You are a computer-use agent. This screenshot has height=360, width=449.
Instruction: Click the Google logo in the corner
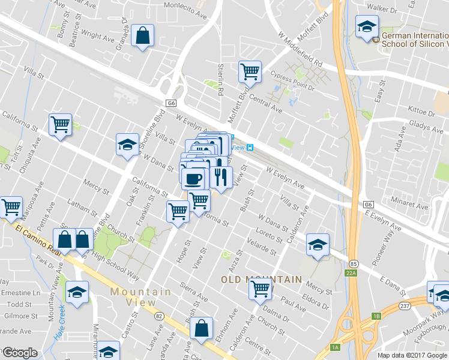tap(20, 353)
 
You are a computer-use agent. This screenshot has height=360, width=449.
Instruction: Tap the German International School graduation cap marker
tap(366, 27)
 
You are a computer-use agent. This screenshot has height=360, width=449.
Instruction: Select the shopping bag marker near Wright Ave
tap(143, 35)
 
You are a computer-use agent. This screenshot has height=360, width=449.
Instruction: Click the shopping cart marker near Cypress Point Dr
tap(250, 72)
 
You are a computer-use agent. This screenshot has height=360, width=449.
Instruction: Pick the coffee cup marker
tap(193, 178)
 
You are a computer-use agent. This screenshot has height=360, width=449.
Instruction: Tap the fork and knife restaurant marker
tap(220, 178)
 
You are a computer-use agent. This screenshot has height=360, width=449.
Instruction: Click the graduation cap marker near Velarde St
tap(317, 244)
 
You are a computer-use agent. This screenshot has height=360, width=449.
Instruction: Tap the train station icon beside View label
tap(250, 148)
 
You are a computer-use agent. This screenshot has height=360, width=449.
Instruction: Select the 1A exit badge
tap(336, 347)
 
